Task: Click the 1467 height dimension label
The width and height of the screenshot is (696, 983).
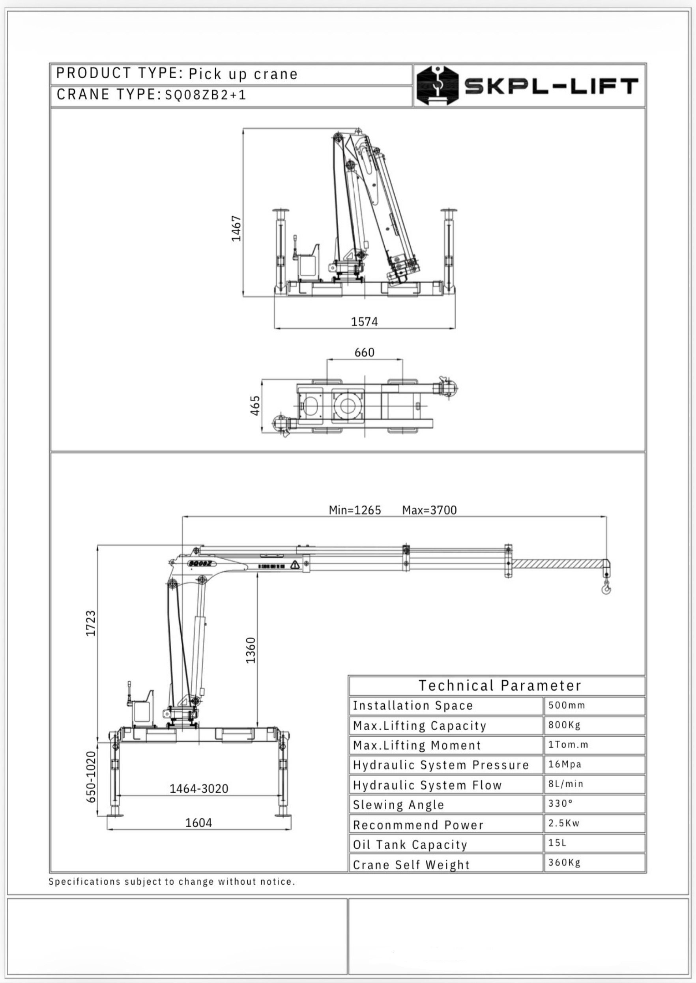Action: tap(236, 229)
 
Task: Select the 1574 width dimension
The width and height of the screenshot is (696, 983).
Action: tap(364, 321)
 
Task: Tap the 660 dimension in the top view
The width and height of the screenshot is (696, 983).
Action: tap(364, 352)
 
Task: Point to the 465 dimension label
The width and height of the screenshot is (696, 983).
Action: tap(255, 405)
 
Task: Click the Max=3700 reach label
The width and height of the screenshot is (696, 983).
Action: tap(429, 510)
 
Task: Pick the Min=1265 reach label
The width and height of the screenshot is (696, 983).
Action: tap(355, 510)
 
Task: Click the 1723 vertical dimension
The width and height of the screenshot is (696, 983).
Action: tap(91, 623)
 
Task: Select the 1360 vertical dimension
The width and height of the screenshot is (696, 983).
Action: tap(251, 650)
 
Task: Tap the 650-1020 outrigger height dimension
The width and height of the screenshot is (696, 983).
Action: tap(91, 777)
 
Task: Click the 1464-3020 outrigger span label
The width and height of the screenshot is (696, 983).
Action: tap(199, 788)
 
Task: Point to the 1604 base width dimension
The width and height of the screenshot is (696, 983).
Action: tap(198, 822)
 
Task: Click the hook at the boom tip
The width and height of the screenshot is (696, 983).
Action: tap(606, 588)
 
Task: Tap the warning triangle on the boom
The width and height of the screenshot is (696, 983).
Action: tap(295, 565)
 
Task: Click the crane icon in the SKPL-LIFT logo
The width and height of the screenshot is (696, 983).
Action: tap(438, 85)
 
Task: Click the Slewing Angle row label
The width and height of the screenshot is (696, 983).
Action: tap(399, 805)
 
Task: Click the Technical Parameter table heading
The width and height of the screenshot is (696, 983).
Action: tap(500, 685)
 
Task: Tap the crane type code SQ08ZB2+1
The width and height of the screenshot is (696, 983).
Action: tap(206, 95)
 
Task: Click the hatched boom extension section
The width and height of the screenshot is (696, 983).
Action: tap(557, 564)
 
